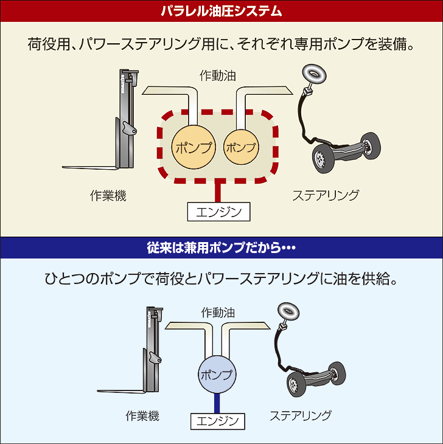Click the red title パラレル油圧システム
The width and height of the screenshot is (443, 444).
(x=221, y=12)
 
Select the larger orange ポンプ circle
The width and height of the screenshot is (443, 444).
(x=194, y=147)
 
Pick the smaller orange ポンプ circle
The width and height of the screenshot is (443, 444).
(x=242, y=147)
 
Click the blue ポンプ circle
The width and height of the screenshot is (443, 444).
(x=217, y=374)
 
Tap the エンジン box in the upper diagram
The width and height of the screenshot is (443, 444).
(x=218, y=212)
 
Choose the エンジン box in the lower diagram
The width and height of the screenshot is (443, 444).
(x=217, y=421)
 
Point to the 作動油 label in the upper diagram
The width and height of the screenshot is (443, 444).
(x=217, y=75)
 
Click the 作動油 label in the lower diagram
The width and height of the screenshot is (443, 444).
(x=218, y=313)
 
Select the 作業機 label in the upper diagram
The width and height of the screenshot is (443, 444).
(x=108, y=195)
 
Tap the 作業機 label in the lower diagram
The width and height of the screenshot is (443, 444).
(x=142, y=415)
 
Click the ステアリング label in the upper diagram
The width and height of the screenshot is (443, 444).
(x=326, y=195)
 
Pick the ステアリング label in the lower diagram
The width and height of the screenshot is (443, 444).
(x=301, y=415)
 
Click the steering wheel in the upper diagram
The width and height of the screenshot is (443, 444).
(x=314, y=74)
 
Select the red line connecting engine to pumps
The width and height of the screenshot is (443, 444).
(x=218, y=191)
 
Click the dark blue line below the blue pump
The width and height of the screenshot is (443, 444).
(x=217, y=403)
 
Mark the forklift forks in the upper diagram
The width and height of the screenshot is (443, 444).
(x=90, y=168)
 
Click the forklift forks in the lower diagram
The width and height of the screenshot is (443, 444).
(x=121, y=391)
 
